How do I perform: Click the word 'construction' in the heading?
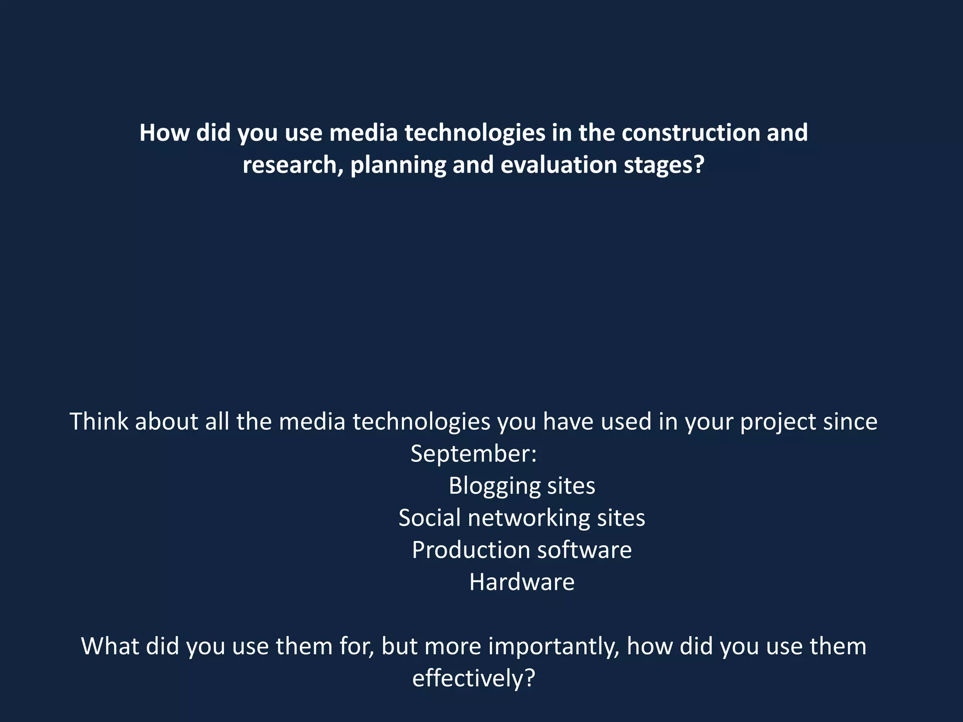point(690,133)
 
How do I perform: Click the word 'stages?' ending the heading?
point(664,165)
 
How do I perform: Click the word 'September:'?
point(474,454)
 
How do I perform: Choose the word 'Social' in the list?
point(429,518)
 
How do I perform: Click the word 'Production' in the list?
point(471,550)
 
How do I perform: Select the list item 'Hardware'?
point(522,582)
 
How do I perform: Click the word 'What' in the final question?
point(110,646)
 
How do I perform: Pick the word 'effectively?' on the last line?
point(474,679)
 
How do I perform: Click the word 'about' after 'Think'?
point(166,421)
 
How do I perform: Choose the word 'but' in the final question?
point(399,646)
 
